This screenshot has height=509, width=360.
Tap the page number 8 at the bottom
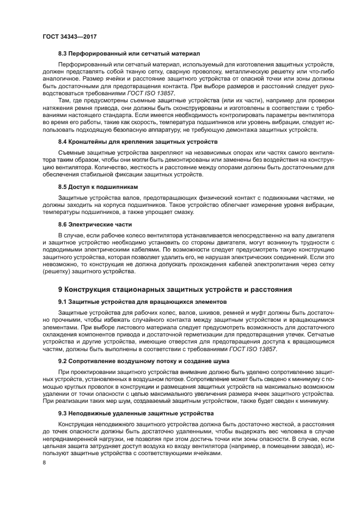click(44, 463)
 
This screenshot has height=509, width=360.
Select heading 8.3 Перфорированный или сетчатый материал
click(129, 54)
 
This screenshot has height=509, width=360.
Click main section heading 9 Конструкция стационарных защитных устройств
click(175, 289)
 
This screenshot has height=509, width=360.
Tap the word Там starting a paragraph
click(64, 101)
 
